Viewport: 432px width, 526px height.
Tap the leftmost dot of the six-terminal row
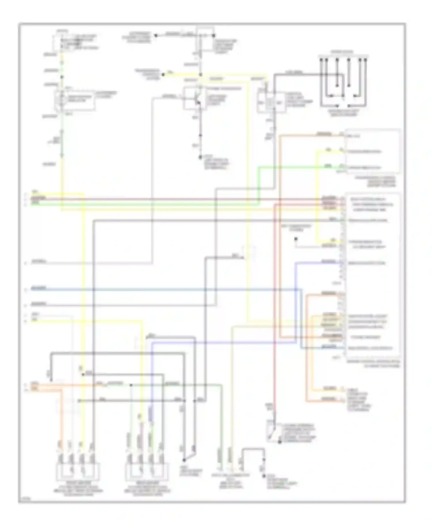pyautogui.click(x=321, y=60)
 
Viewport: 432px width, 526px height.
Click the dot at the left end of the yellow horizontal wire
pyautogui.click(x=163, y=75)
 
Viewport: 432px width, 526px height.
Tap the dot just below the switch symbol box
pyautogui.click(x=279, y=442)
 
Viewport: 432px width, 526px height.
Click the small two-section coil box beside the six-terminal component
pyautogui.click(x=271, y=102)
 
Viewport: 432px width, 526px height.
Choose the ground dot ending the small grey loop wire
pyautogui.click(x=264, y=476)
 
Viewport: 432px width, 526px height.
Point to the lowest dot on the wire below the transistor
pyautogui.click(x=200, y=157)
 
